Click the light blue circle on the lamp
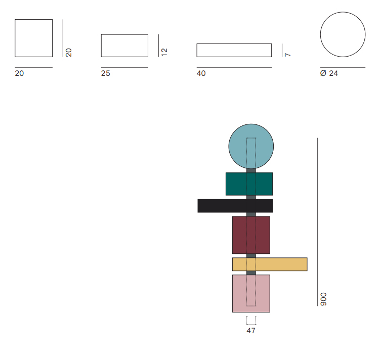(251, 146)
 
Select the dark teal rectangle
(249, 184)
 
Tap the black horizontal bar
(235, 206)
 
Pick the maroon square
(251, 235)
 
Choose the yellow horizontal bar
(270, 264)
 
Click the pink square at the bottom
(251, 293)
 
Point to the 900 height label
(323, 299)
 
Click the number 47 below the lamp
(251, 331)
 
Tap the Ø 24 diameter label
(329, 73)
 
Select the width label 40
(201, 73)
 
